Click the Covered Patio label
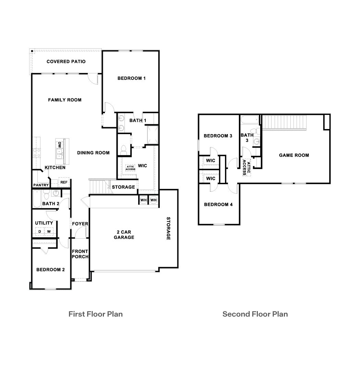point(66,62)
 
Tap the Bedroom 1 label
point(131,78)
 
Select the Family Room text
point(64,100)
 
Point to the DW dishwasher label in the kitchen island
point(60,145)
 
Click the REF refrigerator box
point(64,183)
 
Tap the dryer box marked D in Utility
point(40,232)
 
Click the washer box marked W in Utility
point(49,232)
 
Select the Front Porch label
point(80,254)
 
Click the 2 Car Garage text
point(124,235)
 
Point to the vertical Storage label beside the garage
point(168,228)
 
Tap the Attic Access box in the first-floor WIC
point(130,168)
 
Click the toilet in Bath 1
point(124,149)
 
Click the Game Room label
point(294,155)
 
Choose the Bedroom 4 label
point(218,204)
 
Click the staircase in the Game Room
point(283,122)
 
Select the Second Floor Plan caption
point(255,314)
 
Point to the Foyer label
point(80,224)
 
